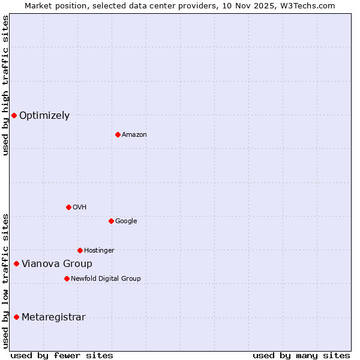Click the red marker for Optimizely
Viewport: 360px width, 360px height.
pos(14,115)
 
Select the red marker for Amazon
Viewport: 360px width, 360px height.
pos(118,134)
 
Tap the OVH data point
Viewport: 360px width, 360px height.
pos(68,207)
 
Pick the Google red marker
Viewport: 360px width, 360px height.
pos(111,221)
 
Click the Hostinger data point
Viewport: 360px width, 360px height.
pos(80,250)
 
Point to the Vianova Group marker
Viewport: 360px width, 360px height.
pos(16,263)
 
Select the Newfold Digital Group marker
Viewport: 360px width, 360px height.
pos(67,278)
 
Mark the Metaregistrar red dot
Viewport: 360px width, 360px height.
pos(16,317)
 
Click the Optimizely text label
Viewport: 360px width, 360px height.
pos(44,116)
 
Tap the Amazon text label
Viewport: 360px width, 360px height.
pos(134,135)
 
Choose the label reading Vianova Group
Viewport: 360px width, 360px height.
pos(57,264)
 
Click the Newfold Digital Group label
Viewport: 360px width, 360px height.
pos(106,278)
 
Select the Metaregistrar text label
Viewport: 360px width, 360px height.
pos(53,317)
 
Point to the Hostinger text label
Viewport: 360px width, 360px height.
pos(99,251)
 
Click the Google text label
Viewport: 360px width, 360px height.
pos(126,221)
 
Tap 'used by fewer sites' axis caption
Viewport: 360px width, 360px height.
pos(62,355)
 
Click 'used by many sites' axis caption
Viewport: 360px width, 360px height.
pos(301,355)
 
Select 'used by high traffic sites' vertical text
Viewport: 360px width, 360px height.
pos(5,85)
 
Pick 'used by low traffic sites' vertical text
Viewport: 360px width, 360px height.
pos(5,280)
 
